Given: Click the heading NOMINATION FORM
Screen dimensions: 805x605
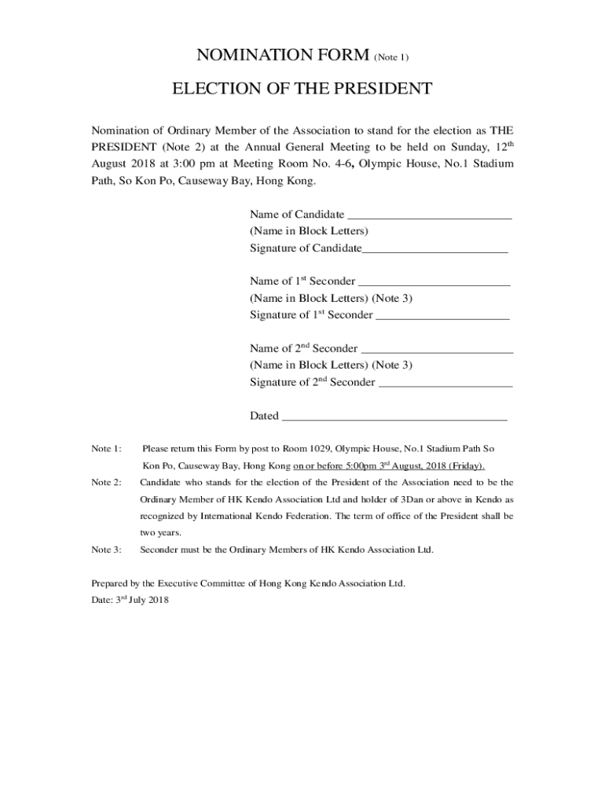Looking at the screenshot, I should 282,55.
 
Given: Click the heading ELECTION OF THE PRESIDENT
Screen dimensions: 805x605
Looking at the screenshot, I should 302,89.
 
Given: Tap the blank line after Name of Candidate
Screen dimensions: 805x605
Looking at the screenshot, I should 429,215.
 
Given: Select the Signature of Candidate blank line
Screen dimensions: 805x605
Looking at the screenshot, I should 434,249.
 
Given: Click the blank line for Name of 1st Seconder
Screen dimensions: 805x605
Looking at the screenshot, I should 434,282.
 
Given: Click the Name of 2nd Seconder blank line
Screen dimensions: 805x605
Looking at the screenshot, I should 437,350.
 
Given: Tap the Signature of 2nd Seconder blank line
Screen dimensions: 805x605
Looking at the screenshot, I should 445,384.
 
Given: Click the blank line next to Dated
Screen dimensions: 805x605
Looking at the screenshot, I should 394,417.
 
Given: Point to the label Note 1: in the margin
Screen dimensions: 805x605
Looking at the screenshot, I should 106,449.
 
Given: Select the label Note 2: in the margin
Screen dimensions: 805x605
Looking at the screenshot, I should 106,483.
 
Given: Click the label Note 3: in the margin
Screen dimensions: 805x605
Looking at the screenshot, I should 106,550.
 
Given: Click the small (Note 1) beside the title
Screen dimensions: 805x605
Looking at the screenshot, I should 391,57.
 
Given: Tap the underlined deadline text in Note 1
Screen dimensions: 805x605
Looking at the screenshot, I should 388,466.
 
